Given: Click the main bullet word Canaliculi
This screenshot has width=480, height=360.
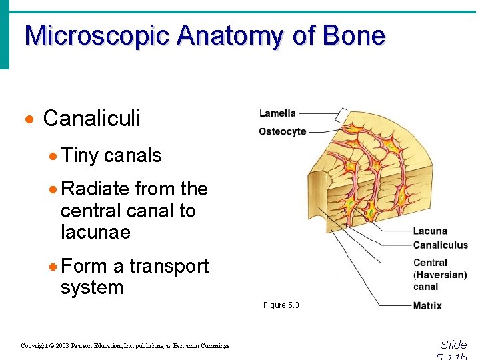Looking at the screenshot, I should [91, 119].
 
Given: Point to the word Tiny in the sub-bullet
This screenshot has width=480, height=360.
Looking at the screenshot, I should [79, 155].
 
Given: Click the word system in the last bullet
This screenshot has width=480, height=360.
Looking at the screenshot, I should [92, 288].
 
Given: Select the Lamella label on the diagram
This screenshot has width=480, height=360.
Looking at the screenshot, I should [277, 113].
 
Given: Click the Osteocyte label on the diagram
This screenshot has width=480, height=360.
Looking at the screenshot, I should [283, 131].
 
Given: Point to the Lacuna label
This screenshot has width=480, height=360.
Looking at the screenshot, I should [430, 231].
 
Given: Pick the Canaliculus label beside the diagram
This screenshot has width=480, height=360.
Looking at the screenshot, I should [440, 245].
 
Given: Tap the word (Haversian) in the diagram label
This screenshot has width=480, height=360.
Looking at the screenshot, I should [440, 275].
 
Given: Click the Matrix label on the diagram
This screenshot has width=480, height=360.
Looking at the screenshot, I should [427, 306].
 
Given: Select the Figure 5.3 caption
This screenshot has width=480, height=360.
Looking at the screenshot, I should [281, 305].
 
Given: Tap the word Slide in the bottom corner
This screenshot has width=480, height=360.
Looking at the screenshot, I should [454, 345].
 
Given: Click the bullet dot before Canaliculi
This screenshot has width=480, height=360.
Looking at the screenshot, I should [29, 120].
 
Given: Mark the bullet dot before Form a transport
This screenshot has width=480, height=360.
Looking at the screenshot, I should [53, 267].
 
